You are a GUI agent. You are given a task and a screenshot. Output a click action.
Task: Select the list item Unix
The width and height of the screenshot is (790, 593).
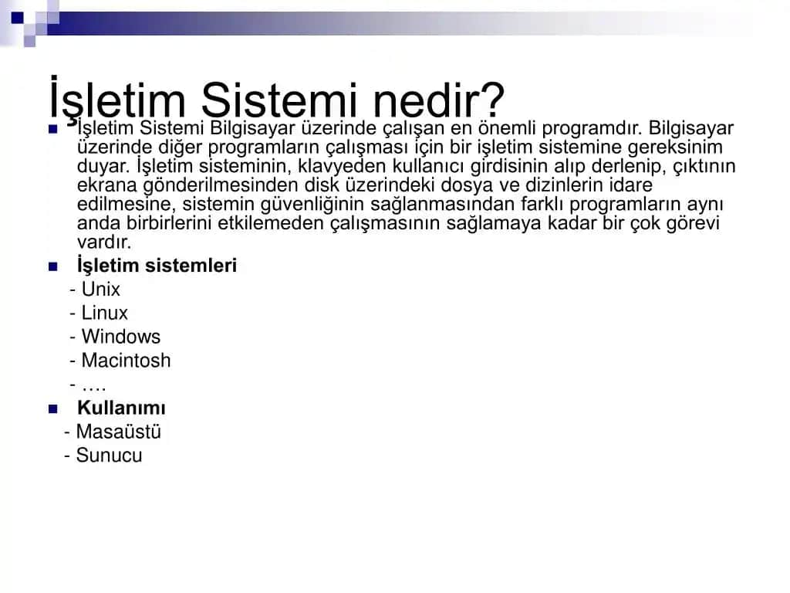pos(101,290)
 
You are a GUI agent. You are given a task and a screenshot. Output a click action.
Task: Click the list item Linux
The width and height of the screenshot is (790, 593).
pos(105,313)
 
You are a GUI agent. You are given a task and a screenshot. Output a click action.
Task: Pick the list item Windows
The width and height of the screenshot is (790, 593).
pos(121,337)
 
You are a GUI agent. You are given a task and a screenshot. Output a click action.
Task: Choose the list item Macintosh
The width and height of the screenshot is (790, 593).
pos(126,361)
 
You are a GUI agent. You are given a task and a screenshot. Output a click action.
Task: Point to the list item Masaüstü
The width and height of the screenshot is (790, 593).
pos(118,432)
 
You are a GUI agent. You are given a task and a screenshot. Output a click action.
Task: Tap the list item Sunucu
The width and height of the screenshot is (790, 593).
pos(109,456)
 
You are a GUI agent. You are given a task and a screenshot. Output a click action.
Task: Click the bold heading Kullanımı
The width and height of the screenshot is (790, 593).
pos(121,408)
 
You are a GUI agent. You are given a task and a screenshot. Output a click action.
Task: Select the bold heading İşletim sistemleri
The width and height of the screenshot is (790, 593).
pos(157,266)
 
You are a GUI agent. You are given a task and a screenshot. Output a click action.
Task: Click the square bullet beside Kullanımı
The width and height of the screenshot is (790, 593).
pos(53,408)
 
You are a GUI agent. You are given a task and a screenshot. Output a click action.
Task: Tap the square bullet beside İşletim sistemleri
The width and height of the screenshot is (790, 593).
pos(53,266)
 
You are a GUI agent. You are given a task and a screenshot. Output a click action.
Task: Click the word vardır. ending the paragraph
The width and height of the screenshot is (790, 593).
pos(104,242)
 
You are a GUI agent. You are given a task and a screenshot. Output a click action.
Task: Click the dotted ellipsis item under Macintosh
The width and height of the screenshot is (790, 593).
pos(93,385)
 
